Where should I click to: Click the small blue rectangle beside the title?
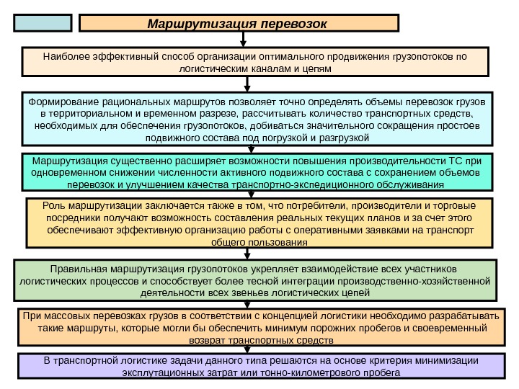click(43, 23)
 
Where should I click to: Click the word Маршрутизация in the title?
click(194, 23)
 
